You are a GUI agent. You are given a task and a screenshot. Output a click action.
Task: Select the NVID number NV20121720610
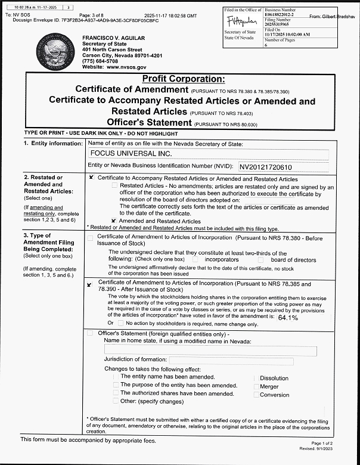pyautogui.click(x=266, y=167)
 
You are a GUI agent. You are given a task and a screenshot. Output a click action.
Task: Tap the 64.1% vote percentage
pyautogui.click(x=288, y=318)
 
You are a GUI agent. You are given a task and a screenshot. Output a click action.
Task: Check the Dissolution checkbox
pyautogui.click(x=257, y=379)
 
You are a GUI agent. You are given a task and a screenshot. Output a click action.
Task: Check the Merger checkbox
pyautogui.click(x=257, y=387)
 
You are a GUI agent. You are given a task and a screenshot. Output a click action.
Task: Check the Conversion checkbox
pyautogui.click(x=257, y=395)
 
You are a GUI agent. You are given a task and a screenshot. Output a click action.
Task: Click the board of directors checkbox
pyautogui.click(x=261, y=260)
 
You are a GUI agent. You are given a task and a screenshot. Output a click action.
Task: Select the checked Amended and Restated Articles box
pyautogui.click(x=113, y=221)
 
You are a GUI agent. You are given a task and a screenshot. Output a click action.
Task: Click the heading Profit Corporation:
pyautogui.click(x=184, y=79)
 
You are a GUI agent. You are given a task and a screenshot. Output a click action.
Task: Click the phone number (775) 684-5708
pyautogui.click(x=103, y=61)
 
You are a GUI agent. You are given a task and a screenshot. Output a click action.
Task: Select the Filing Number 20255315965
pyautogui.click(x=280, y=24)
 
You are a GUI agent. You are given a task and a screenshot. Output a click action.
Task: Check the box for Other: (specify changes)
pyautogui.click(x=116, y=401)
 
